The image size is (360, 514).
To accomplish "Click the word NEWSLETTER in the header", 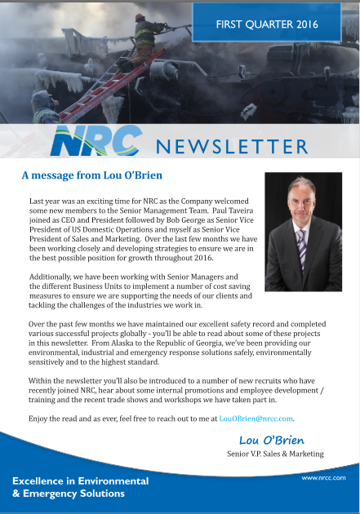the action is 232,147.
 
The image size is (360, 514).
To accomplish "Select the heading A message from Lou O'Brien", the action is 91,175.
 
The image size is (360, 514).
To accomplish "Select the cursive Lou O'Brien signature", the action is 272,441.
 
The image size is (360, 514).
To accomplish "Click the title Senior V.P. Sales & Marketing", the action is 275,454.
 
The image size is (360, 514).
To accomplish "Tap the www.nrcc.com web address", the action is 324,477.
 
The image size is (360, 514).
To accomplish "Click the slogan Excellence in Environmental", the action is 80,481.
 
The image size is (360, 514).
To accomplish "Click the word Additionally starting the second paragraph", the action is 56,277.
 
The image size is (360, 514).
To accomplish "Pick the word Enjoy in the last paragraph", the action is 41,419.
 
